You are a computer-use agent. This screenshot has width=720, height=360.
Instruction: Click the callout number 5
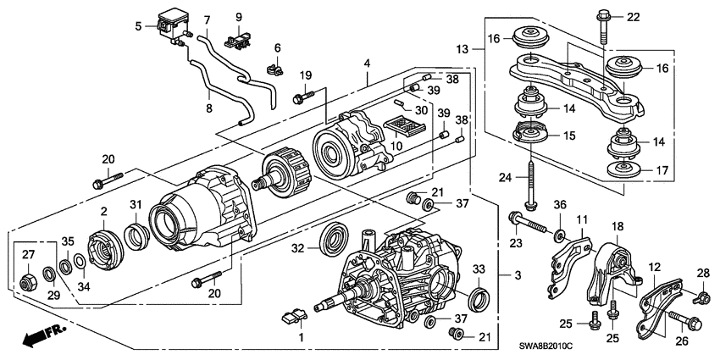click(x=138, y=26)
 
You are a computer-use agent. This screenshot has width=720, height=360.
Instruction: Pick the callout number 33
click(x=479, y=269)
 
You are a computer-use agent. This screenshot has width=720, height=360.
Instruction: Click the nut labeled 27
click(x=26, y=280)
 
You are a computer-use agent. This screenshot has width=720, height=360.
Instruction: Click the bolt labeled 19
click(x=304, y=97)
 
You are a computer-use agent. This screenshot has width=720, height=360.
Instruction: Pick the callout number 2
click(x=103, y=212)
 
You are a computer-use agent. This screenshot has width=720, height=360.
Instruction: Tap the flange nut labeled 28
click(x=703, y=296)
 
